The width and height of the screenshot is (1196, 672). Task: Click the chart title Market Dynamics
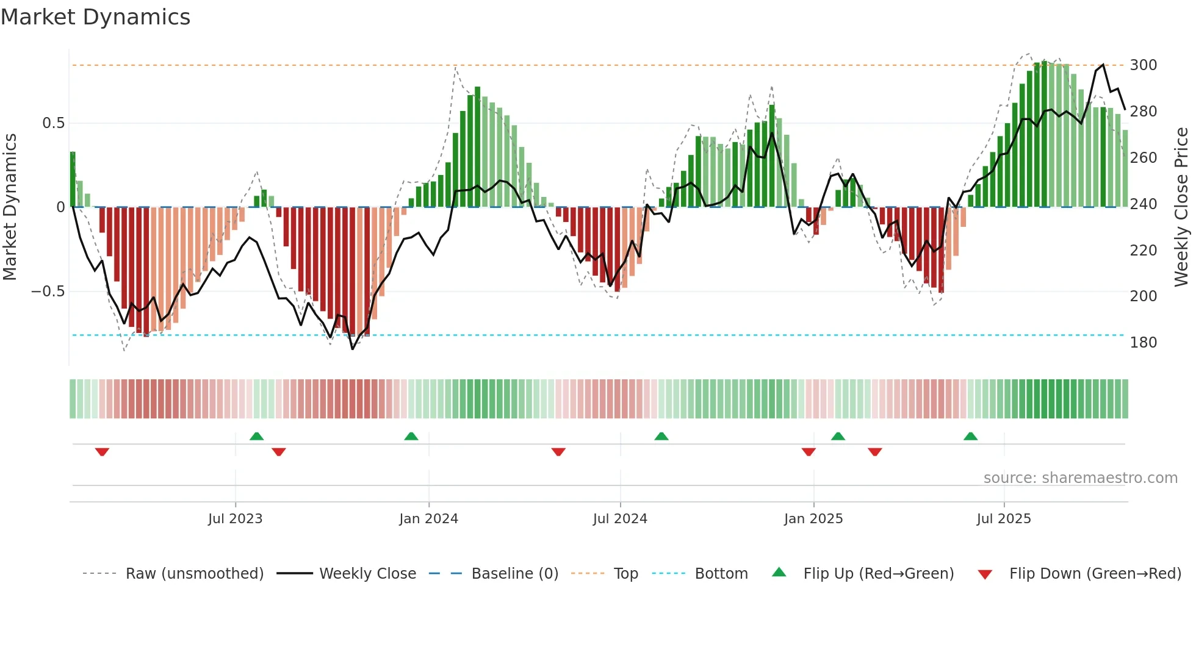tap(96, 17)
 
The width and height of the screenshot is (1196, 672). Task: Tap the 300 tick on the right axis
tap(1143, 65)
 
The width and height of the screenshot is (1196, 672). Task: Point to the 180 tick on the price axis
tap(1143, 343)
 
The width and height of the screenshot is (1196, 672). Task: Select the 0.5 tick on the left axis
tap(53, 123)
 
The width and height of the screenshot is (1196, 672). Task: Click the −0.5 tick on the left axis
tap(48, 291)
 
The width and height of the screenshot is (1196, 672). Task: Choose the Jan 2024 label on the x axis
tap(428, 519)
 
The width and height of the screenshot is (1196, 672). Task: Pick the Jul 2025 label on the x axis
tap(1003, 519)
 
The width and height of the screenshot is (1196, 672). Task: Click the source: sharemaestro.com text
tap(1080, 478)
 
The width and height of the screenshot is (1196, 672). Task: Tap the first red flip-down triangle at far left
tap(102, 452)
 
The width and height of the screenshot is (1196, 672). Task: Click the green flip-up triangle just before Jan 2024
tap(411, 436)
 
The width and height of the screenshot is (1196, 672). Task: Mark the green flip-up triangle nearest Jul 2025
tap(970, 436)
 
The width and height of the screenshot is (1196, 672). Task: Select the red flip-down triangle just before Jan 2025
tap(809, 452)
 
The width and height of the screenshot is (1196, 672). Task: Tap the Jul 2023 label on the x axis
tap(235, 519)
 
